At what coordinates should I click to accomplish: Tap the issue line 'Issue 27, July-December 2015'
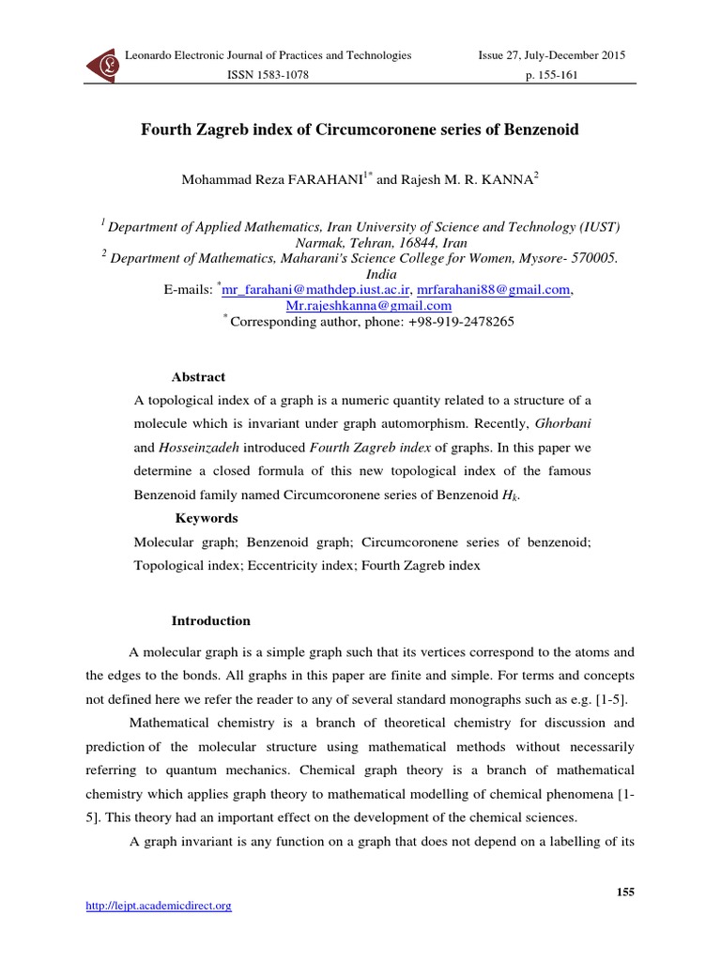552,55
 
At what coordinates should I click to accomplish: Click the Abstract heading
198,377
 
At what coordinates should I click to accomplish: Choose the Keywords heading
207,518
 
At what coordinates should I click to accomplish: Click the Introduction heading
210,620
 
